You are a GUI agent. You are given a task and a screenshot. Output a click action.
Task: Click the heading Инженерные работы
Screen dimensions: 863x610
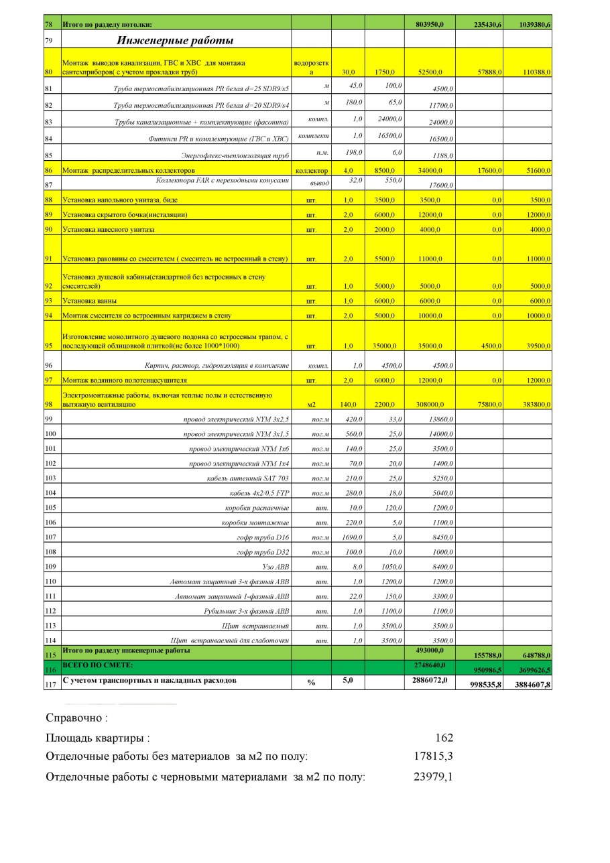click(x=175, y=41)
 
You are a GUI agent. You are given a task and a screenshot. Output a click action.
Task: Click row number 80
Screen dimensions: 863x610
click(x=48, y=72)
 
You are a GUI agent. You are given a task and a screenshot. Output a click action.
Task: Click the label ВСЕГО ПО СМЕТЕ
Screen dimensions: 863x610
click(x=98, y=664)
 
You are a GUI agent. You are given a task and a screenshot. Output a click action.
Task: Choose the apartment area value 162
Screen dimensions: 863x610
click(x=444, y=738)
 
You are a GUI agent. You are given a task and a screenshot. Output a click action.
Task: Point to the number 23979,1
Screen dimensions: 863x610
click(x=434, y=777)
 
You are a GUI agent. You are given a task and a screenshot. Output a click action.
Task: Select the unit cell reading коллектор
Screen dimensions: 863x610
click(x=311, y=171)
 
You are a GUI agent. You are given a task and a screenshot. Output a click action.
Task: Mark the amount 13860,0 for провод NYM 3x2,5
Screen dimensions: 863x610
click(x=440, y=419)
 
